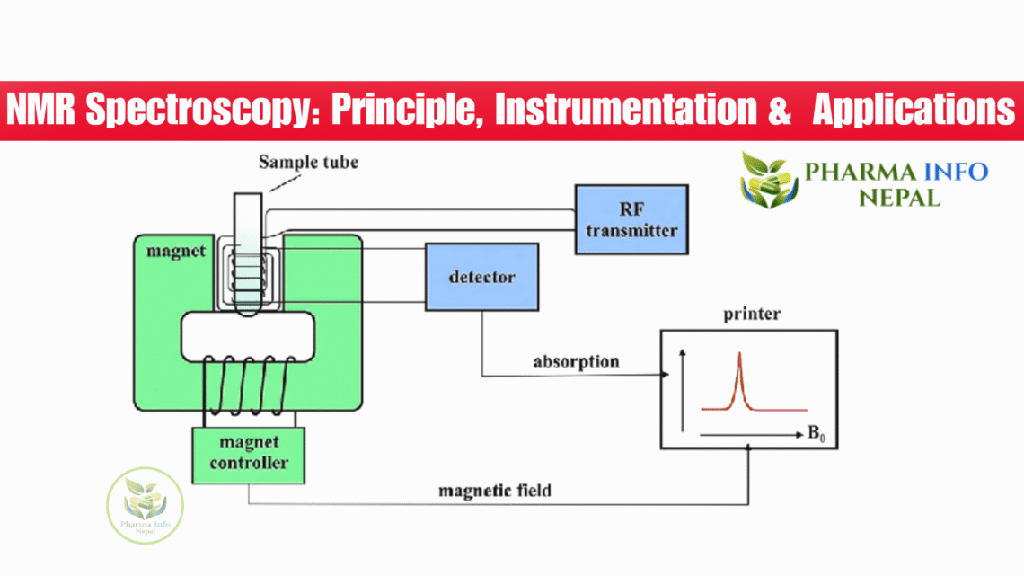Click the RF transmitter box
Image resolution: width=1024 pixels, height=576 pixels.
coord(631,219)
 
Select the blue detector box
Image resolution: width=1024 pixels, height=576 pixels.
coord(481,277)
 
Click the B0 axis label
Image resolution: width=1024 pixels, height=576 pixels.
coord(816,435)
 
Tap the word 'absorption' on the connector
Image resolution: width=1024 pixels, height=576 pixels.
coord(576,362)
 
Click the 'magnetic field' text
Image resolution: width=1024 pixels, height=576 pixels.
coord(495,491)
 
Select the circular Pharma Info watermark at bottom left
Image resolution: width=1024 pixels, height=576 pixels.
coord(145,505)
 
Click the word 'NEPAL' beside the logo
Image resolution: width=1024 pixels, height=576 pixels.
coord(898,197)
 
